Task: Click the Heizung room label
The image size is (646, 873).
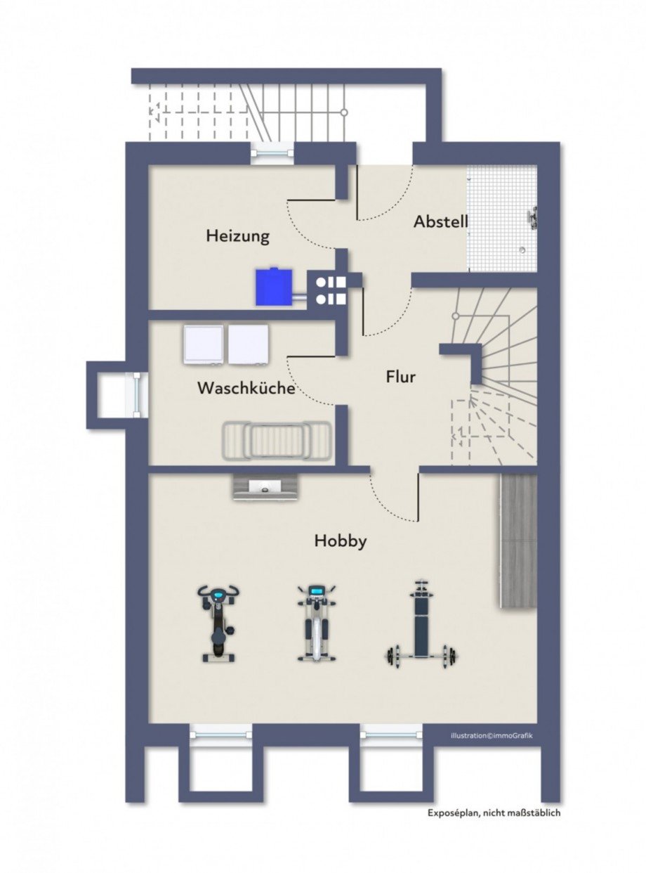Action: coord(238,236)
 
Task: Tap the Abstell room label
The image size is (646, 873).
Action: coord(441,221)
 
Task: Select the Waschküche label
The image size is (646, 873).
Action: coord(246,388)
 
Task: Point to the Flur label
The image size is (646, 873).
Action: coord(401,377)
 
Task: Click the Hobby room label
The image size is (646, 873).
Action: coord(341,541)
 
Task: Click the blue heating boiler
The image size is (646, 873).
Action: coord(274,286)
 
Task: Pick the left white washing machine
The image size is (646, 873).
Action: coord(203,344)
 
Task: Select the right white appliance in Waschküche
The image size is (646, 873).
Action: coord(249,344)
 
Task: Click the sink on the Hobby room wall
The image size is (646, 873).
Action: coord(266,486)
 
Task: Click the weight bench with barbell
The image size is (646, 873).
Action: coord(422,625)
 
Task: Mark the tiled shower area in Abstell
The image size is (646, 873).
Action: coord(502,218)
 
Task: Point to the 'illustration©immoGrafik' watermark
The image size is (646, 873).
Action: coord(492,735)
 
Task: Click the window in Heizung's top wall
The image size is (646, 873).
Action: coord(273,153)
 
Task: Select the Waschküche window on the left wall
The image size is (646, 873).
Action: coord(136,396)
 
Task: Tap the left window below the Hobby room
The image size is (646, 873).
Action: coord(220,734)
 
